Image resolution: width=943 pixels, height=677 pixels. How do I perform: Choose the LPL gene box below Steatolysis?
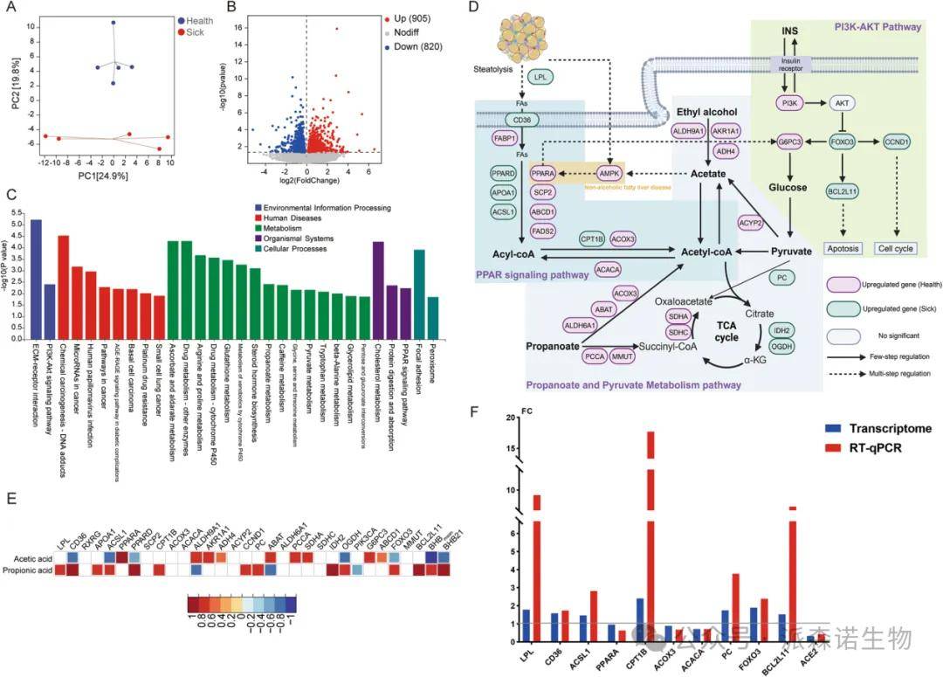coord(542,78)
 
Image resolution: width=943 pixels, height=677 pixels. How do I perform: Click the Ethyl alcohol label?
coord(707,113)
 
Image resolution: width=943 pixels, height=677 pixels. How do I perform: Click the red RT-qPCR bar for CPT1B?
coord(650,536)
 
